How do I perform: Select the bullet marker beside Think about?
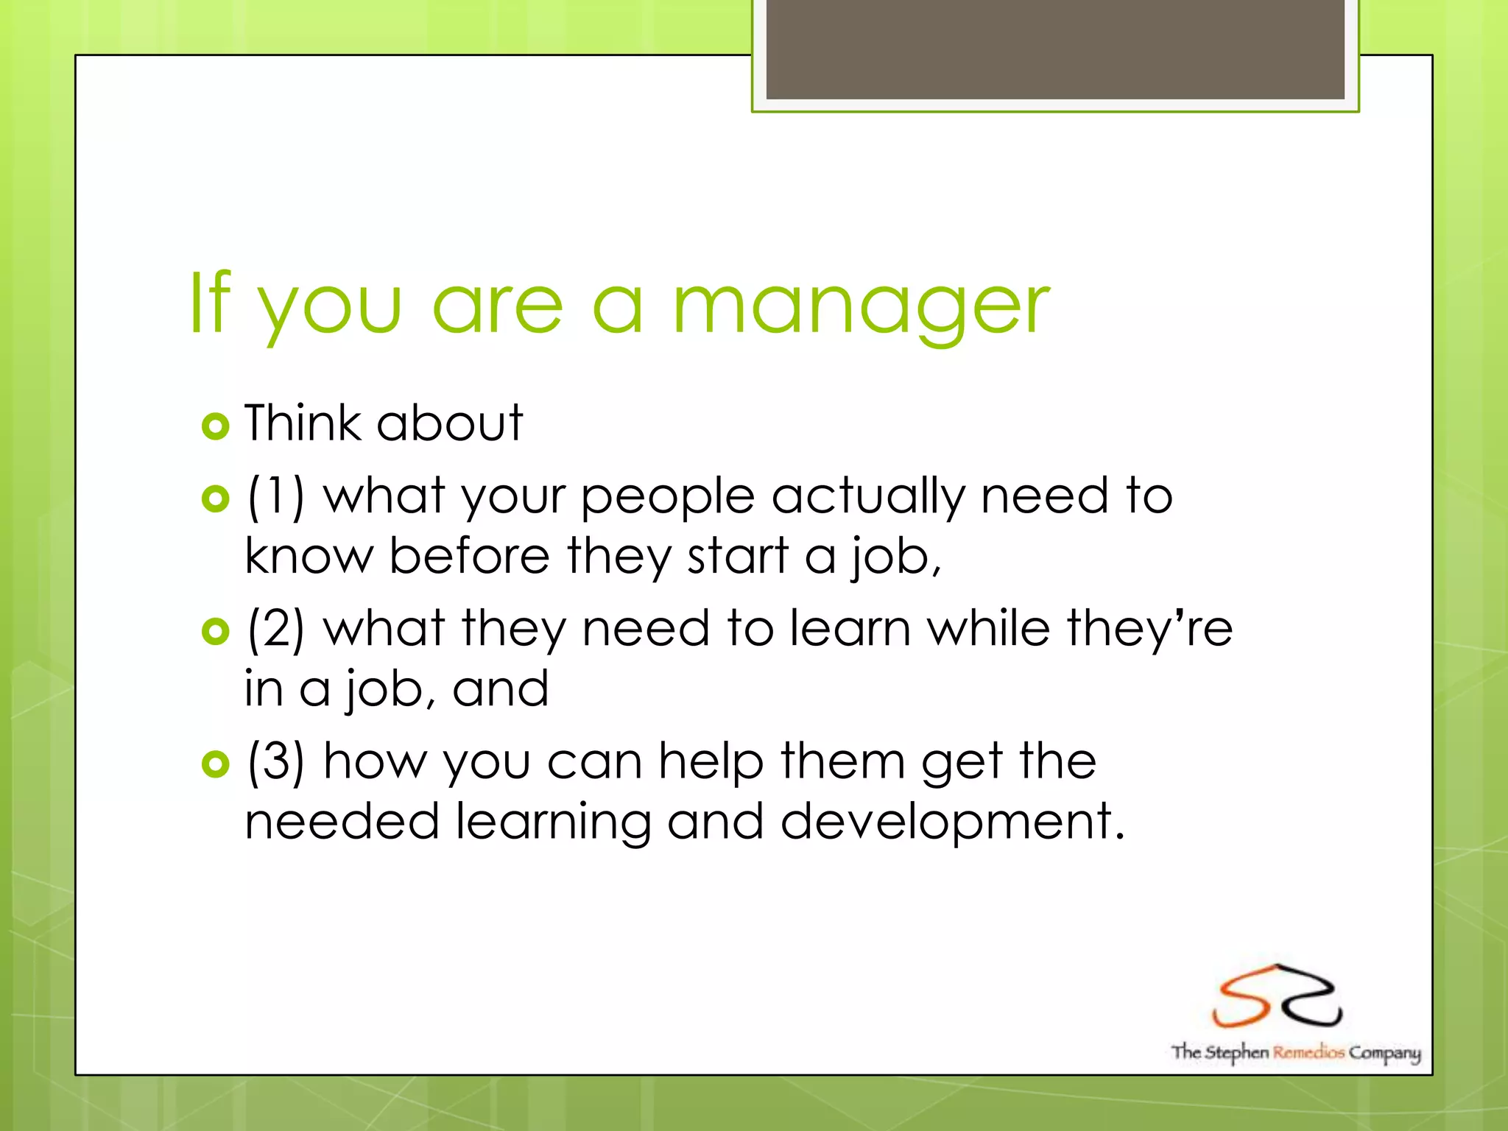click(x=215, y=426)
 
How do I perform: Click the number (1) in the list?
click(x=275, y=496)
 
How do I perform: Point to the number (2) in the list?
click(x=275, y=629)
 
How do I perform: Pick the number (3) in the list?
click(x=275, y=761)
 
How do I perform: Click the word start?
click(x=737, y=557)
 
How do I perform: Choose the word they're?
click(x=1149, y=629)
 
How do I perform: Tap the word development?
click(x=952, y=822)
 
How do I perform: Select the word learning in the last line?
click(x=552, y=822)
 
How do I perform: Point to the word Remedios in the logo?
click(x=1308, y=1051)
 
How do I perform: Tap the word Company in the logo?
click(x=1384, y=1053)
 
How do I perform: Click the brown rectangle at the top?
click(x=1055, y=49)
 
